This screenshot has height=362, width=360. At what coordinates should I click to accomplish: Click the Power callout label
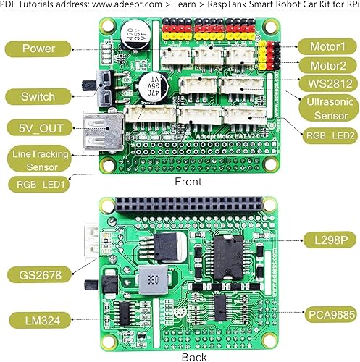click(39, 49)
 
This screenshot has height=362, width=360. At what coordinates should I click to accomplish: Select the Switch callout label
click(39, 96)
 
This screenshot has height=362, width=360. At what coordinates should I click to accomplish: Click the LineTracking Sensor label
click(41, 160)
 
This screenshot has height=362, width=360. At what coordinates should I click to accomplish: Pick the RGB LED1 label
click(41, 185)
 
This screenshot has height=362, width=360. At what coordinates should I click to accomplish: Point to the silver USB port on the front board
click(101, 131)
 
